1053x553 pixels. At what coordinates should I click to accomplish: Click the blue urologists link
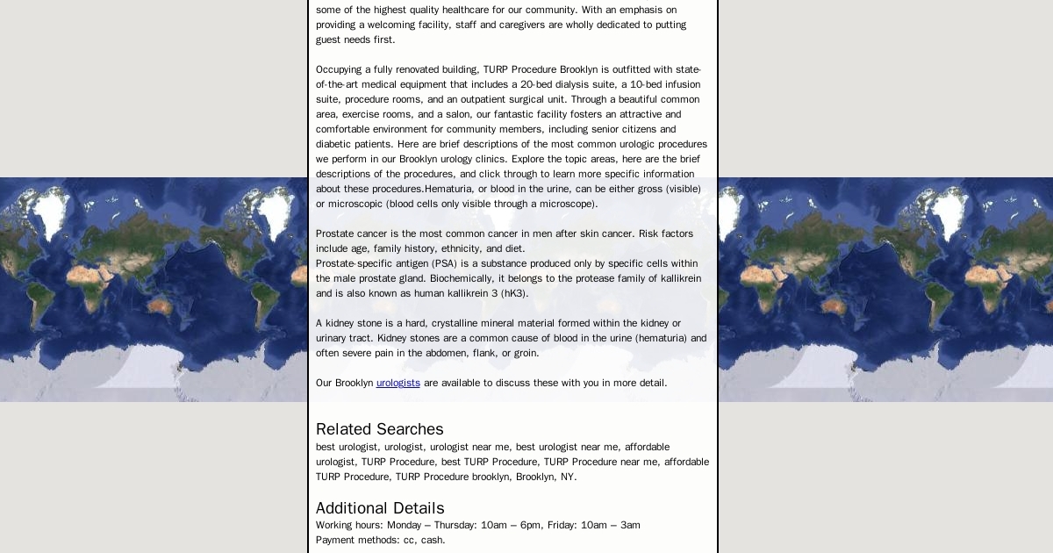point(398,383)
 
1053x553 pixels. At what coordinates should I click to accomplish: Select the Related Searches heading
point(379,429)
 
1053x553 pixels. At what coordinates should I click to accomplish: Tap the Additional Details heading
point(380,508)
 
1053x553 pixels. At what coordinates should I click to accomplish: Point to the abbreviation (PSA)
point(444,263)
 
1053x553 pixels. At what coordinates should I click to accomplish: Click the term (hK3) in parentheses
point(514,293)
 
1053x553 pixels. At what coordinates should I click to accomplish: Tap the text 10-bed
point(648,84)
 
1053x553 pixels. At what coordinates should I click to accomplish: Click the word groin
point(526,353)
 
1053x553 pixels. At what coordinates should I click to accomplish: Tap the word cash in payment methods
point(433,540)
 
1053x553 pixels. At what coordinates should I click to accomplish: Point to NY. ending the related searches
point(568,477)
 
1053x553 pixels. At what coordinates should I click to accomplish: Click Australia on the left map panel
point(159,305)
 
